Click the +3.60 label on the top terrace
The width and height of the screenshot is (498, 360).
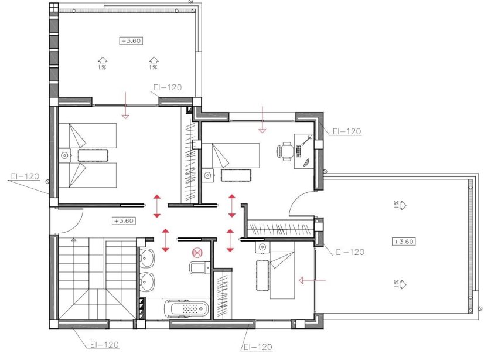pyautogui.click(x=132, y=41)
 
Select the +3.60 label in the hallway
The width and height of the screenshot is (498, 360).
pyautogui.click(x=124, y=221)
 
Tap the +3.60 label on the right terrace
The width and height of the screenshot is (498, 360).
pyautogui.click(x=404, y=242)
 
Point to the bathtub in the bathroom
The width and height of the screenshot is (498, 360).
pyautogui.click(x=185, y=307)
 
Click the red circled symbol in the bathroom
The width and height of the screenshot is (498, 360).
pyautogui.click(x=197, y=253)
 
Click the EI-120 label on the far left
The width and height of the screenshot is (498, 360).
pyautogui.click(x=24, y=176)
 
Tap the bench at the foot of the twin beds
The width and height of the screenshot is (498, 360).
pyautogui.click(x=94, y=155)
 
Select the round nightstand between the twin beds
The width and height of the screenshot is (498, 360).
pyautogui.click(x=64, y=155)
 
